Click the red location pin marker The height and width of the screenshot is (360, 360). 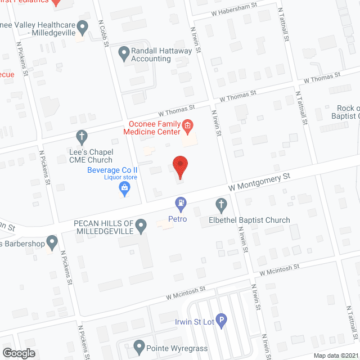pyautogui.click(x=179, y=167)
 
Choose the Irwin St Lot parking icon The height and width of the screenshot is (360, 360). pyautogui.click(x=222, y=321)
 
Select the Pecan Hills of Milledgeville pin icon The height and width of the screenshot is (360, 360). pyautogui.click(x=141, y=227)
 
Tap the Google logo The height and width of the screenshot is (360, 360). pyautogui.click(x=18, y=353)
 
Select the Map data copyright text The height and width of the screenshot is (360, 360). pyautogui.click(x=336, y=355)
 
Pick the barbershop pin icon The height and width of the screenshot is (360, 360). pyautogui.click(x=52, y=243)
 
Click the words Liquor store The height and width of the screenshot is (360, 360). pyautogui.click(x=120, y=178)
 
